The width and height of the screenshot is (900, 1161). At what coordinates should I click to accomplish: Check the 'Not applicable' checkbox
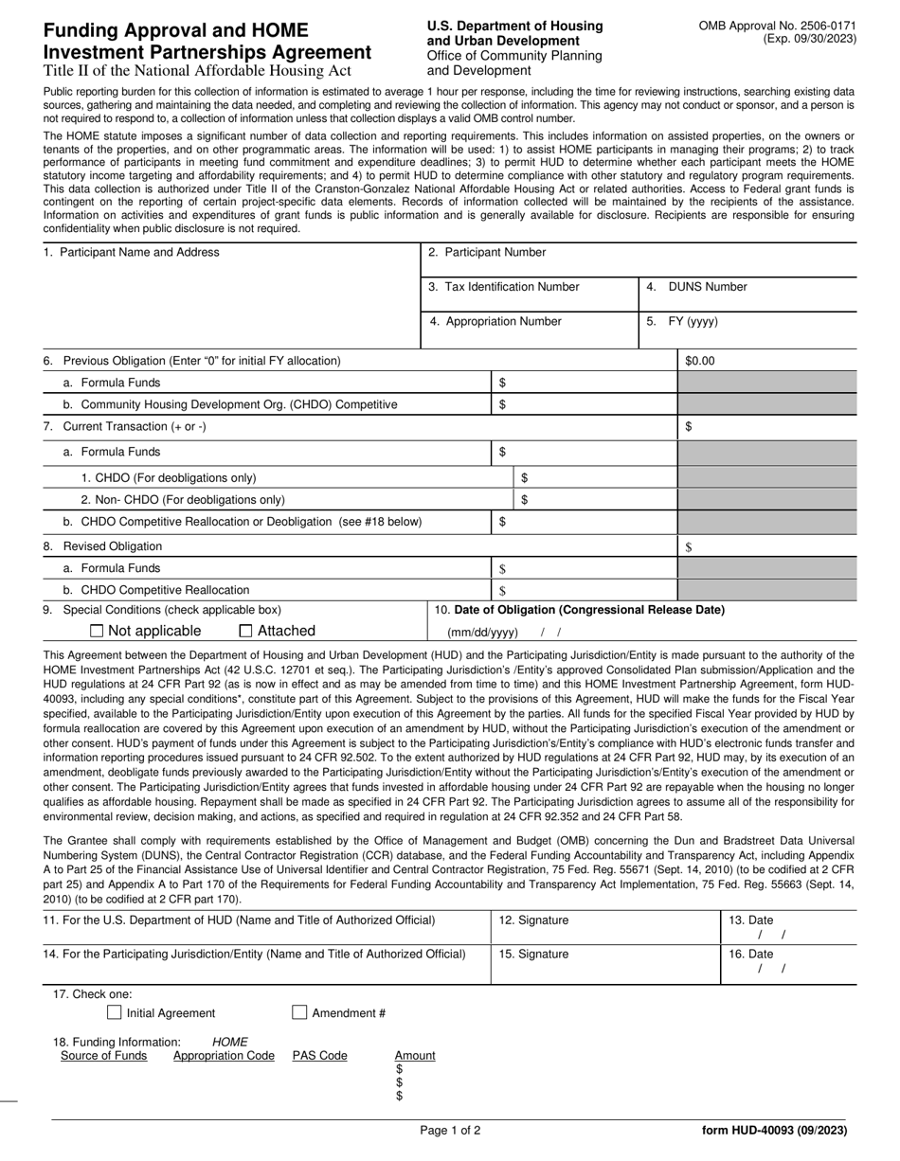[97, 631]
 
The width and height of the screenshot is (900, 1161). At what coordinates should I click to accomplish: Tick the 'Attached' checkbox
[246, 631]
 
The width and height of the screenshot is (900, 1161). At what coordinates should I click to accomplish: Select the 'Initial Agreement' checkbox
[115, 1012]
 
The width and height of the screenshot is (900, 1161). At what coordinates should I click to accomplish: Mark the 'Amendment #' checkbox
[299, 1012]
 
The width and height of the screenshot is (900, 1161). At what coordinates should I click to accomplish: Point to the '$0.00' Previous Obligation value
[700, 361]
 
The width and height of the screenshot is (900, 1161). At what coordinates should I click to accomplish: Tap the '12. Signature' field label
[533, 920]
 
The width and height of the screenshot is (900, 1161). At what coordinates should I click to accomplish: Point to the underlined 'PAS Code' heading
[319, 1056]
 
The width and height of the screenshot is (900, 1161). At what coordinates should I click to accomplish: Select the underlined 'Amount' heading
[415, 1056]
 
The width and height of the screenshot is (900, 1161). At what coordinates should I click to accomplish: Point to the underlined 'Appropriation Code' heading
[224, 1056]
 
